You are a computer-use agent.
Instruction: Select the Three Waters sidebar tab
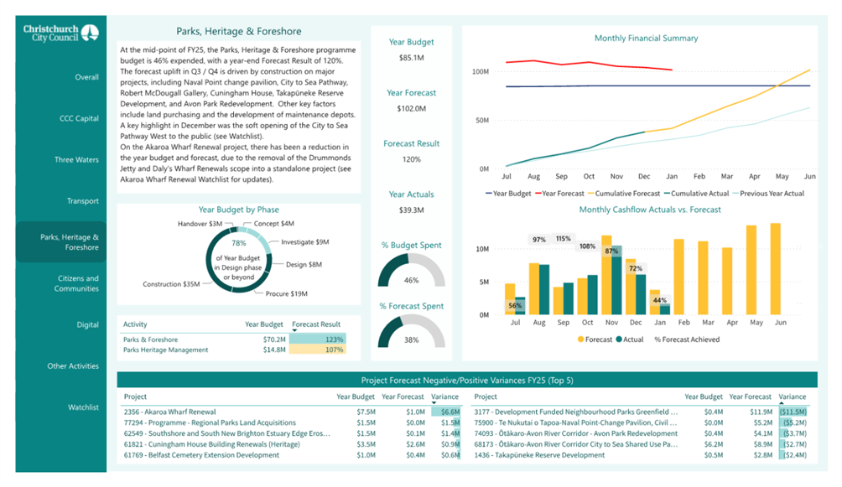click(76, 159)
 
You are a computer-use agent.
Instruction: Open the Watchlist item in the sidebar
click(83, 407)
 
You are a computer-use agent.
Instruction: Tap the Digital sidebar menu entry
click(87, 324)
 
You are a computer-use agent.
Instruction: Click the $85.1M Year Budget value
click(411, 58)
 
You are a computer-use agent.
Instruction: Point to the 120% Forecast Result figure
click(411, 159)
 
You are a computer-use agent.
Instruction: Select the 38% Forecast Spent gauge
click(411, 331)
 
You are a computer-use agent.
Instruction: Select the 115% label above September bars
click(563, 239)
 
